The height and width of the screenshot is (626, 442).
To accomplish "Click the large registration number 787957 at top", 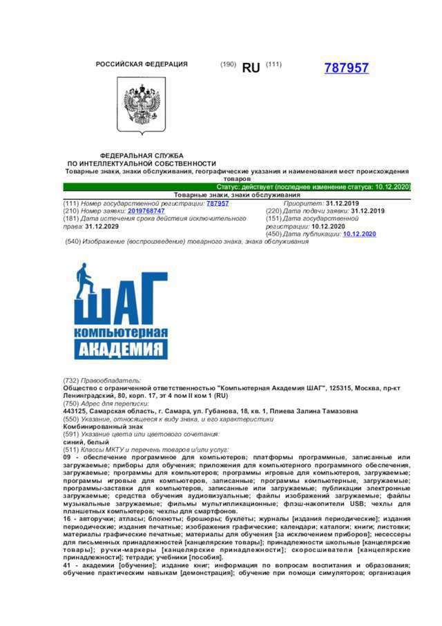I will click(x=346, y=68).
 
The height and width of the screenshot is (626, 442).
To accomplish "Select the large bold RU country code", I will click(x=251, y=68).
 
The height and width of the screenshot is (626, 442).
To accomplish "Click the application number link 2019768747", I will click(x=146, y=211).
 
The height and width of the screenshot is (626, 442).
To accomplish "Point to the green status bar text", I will click(x=314, y=187).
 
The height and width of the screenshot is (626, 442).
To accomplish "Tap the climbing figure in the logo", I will click(x=87, y=281).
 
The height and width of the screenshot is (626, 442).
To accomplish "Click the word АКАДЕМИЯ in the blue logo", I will click(x=121, y=349).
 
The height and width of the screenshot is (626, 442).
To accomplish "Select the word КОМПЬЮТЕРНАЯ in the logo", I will click(x=121, y=334).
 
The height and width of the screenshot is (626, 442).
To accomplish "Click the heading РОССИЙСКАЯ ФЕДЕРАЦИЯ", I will click(x=142, y=64).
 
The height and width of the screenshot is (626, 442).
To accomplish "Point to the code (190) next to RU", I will click(x=228, y=64).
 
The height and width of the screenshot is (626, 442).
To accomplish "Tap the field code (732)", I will click(x=70, y=381).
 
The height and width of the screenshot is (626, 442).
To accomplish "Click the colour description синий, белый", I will click(x=81, y=442).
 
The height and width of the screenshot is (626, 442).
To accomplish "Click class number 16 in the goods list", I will click(x=67, y=519).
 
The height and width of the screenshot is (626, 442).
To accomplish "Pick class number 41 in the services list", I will click(x=67, y=565).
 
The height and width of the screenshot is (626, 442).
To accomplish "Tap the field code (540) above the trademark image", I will click(x=73, y=241).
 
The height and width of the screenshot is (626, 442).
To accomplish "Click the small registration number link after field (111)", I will click(x=218, y=203).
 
